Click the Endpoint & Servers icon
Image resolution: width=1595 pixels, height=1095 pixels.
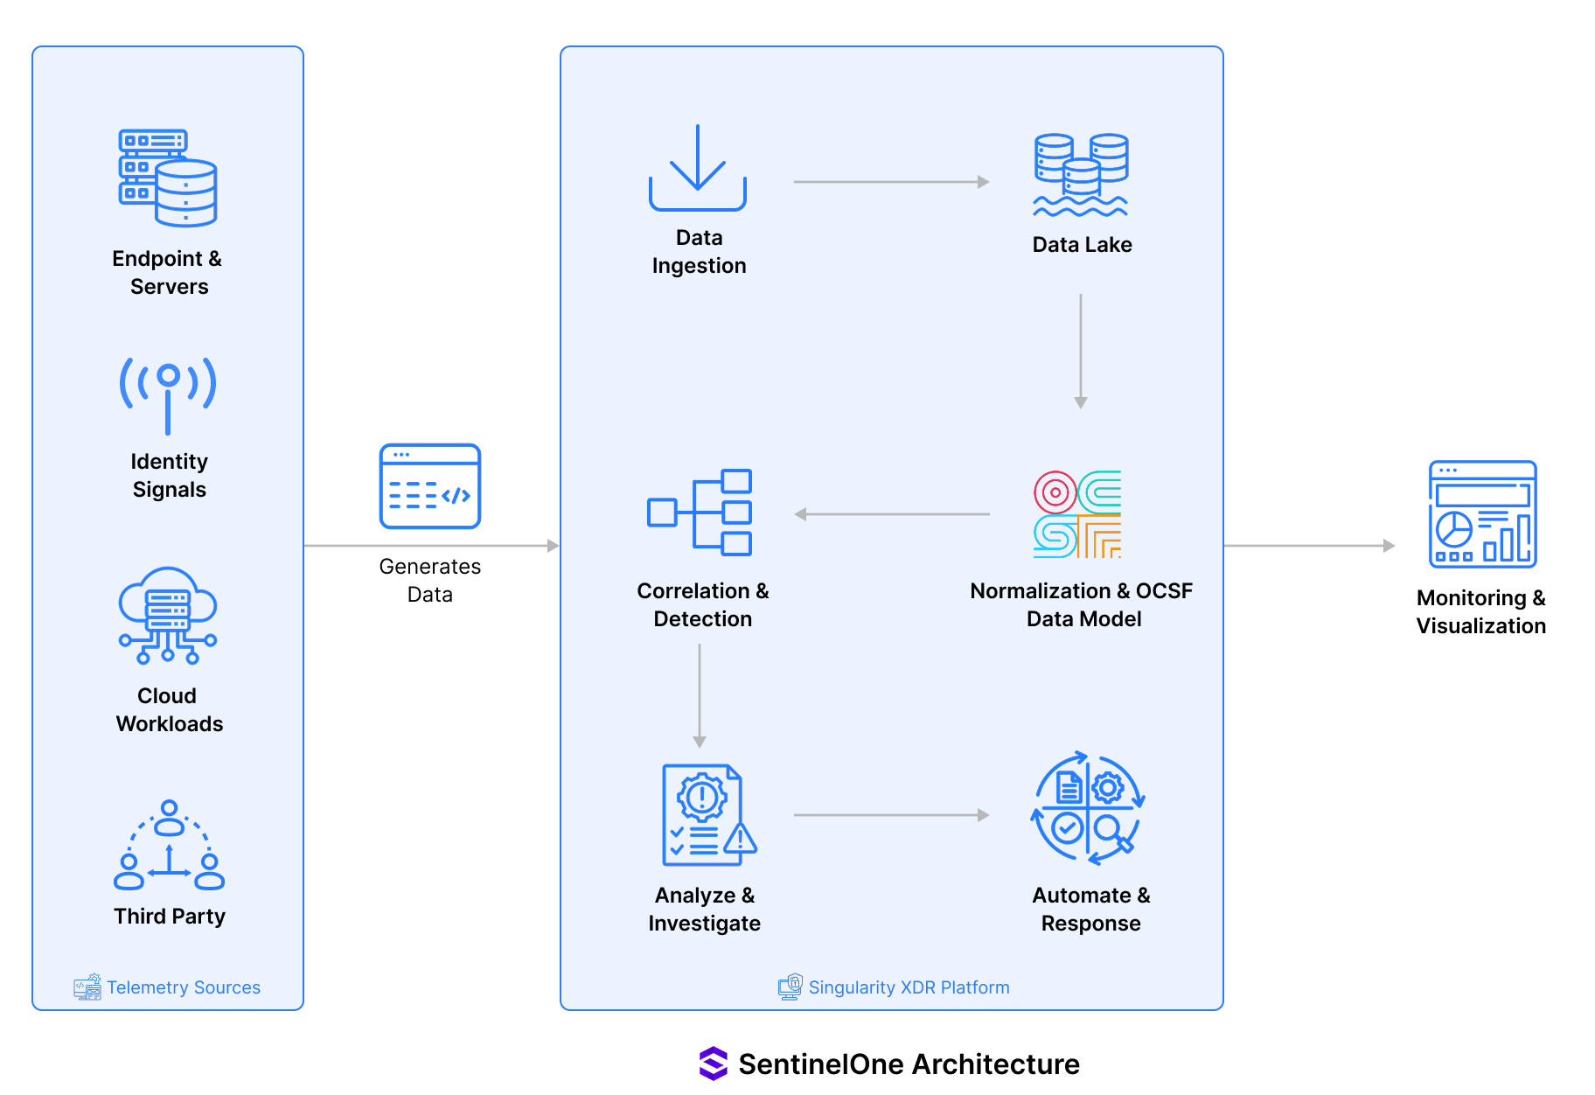point(168,178)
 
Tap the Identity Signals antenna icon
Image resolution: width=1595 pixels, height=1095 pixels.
point(168,394)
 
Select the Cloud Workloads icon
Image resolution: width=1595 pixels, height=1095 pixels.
point(168,615)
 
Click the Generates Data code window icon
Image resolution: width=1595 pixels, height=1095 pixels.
point(430,486)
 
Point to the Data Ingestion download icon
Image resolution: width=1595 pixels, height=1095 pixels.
point(698,168)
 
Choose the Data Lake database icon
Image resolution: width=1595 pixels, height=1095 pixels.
point(1081,175)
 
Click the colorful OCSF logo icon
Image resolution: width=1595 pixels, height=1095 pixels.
point(1077,514)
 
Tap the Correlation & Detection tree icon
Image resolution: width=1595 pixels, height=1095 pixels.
point(700,513)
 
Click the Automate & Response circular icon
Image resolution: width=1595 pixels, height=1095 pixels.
point(1088,808)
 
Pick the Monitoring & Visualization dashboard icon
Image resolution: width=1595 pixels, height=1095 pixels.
point(1482,514)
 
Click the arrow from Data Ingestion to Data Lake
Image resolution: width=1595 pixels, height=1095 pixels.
point(890,182)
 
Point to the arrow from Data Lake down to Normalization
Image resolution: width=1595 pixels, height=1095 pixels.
point(1081,350)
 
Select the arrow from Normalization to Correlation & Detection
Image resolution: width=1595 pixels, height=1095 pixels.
point(892,514)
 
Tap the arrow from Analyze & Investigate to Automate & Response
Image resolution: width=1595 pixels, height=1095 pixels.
point(890,815)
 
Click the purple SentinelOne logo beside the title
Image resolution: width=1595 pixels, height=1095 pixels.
point(714,1064)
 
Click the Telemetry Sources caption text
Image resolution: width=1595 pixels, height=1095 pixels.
point(184,987)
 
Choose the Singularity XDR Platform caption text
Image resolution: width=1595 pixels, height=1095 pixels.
point(909,987)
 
